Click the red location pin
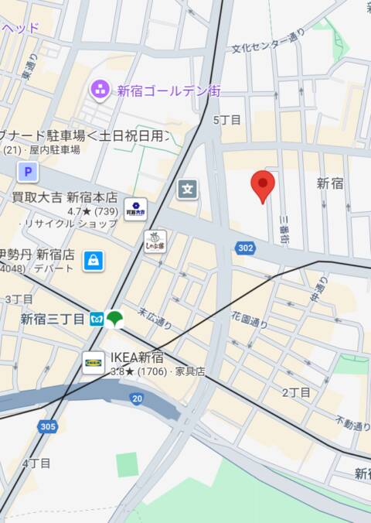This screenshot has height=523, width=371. (263, 186)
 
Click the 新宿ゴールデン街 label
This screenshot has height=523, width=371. (168, 91)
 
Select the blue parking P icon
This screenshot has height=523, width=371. (29, 172)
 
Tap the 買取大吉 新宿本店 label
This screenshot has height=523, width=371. (65, 197)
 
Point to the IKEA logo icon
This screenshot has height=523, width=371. (94, 361)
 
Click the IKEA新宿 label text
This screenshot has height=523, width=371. (137, 357)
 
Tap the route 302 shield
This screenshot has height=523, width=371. (245, 248)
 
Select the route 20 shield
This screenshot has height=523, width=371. (137, 398)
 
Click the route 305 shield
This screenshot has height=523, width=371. (46, 426)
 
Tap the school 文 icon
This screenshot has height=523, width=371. (187, 188)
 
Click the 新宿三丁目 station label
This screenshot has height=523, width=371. (53, 319)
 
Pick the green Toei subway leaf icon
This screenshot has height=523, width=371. (115, 318)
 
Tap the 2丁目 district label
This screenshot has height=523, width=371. (295, 393)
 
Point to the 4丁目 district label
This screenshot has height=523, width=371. (36, 463)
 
